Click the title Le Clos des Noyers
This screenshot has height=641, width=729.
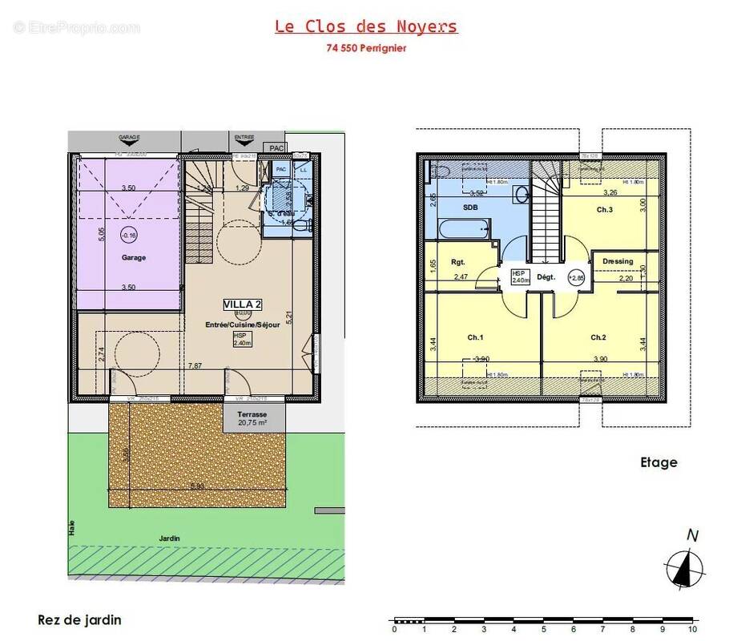pos(366,26)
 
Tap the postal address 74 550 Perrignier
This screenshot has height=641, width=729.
pos(366,47)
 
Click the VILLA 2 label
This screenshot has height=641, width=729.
pos(243,304)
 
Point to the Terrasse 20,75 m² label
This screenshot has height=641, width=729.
pos(252,417)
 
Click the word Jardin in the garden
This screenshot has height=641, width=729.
pos(168,538)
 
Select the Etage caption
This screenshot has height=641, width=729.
pos(659,462)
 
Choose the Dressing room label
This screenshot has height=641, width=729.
pos(618,261)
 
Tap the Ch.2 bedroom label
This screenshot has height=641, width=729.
pos(599,337)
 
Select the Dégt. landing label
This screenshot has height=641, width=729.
pos(546,277)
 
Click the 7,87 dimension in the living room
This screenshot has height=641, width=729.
pos(195,366)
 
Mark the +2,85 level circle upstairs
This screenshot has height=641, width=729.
pos(576,277)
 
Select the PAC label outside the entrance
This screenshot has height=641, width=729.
pos(276,148)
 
